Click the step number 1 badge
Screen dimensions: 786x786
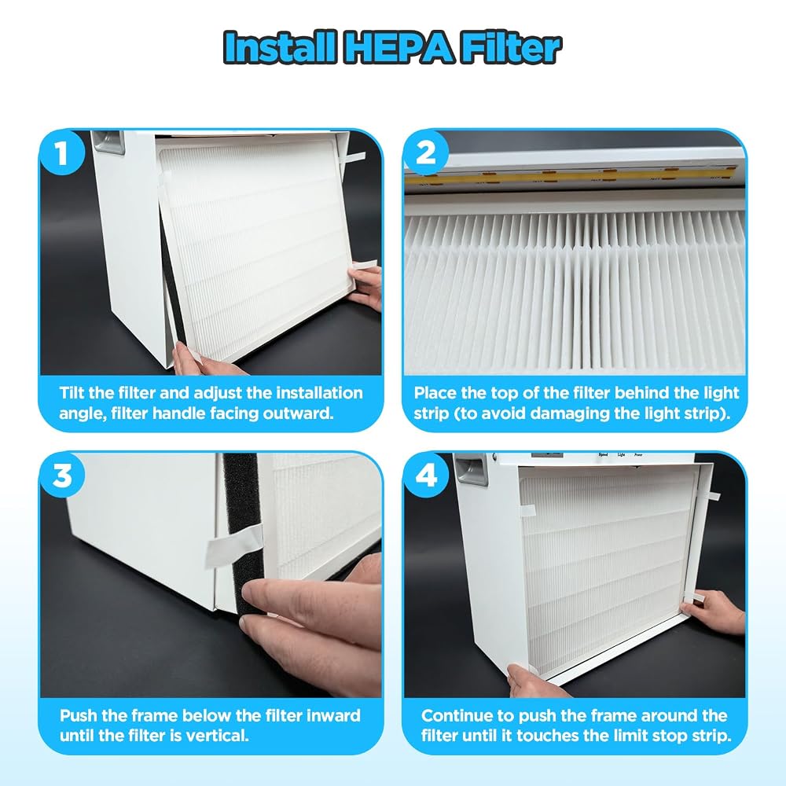pos(61,152)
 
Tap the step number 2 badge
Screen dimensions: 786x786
pos(425,152)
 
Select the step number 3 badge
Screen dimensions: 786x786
pos(61,475)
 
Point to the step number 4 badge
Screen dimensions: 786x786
pos(425,475)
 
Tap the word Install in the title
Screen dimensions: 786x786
pos(280,48)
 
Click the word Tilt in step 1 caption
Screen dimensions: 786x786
pos(72,392)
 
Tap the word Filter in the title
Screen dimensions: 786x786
pos(512,48)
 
